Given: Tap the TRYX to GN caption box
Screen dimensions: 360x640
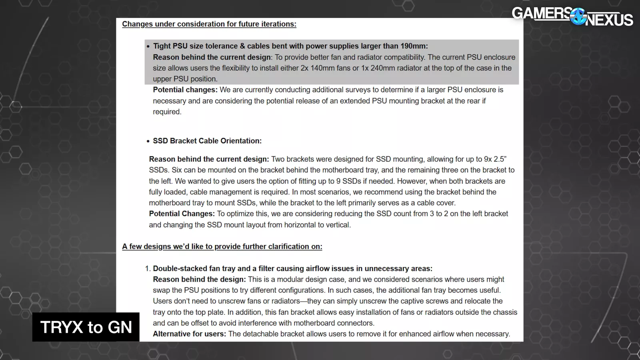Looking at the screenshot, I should point(86,327).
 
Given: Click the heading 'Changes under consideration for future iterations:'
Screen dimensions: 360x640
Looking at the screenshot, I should point(209,24).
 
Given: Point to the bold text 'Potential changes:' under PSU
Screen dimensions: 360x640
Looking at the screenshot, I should point(185,90).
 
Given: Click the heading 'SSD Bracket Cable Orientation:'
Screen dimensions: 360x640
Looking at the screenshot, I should point(207,141).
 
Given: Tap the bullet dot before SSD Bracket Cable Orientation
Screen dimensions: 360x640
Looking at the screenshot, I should point(148,141).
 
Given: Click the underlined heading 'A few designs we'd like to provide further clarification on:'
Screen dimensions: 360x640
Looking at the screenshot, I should point(222,246).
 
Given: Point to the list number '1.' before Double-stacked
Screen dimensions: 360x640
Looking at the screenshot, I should point(148,269).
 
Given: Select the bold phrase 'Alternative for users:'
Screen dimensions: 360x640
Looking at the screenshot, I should point(190,334).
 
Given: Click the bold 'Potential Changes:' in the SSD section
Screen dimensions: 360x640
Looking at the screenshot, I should point(182,214).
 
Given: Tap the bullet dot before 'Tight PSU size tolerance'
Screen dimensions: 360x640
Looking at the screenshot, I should point(148,46).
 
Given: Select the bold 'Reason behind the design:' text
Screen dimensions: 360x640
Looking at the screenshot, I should point(199,280).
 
